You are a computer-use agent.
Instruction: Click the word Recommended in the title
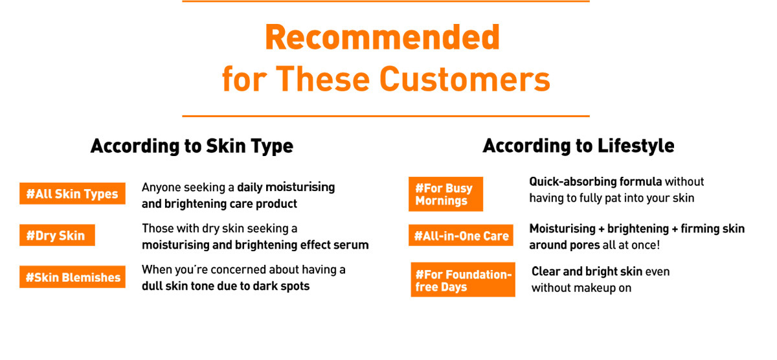382,38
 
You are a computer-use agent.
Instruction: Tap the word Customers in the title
465,79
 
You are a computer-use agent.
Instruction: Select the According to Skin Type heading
192,146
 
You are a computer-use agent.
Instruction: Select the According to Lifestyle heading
578,146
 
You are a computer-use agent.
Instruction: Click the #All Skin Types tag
72,194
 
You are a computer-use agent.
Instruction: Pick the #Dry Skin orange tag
57,235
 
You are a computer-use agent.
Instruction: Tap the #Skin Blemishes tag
72,276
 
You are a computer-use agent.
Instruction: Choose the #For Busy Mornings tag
445,194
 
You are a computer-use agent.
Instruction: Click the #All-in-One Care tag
460,235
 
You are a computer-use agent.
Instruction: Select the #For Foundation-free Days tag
463,280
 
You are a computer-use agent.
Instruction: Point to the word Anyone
161,188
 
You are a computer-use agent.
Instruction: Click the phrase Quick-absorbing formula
595,181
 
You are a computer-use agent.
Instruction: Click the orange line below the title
386,116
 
